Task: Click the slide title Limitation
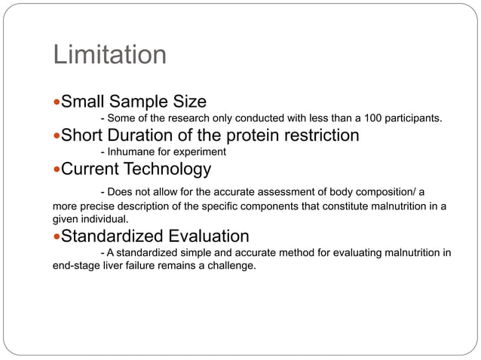point(109,55)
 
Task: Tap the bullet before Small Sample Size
point(56,102)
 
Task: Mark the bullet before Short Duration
point(56,136)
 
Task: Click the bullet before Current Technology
point(56,169)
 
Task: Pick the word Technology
point(167,169)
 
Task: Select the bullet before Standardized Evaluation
point(56,237)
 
